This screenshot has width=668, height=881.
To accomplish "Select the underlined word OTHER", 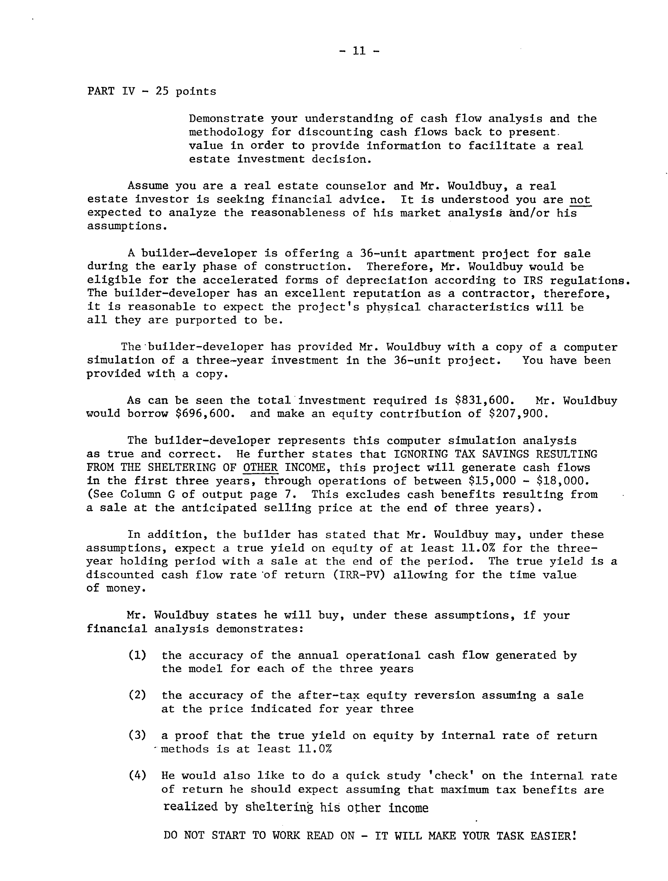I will (260, 468).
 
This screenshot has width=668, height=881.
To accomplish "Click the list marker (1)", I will (137, 655).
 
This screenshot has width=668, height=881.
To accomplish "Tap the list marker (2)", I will (137, 695).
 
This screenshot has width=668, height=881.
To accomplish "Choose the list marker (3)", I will (137, 736).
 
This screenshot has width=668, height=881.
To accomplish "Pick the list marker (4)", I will (137, 776).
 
